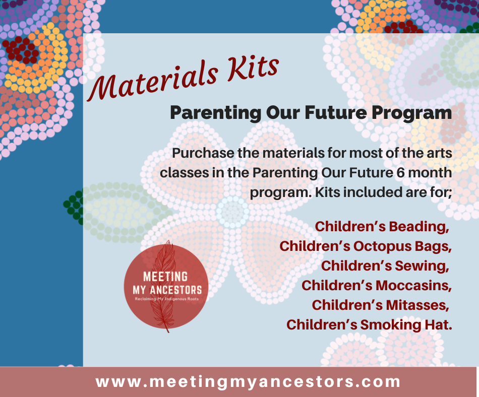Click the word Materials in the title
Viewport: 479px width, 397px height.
(153, 81)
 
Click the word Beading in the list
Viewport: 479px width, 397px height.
(419, 227)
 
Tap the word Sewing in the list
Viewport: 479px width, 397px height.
(422, 266)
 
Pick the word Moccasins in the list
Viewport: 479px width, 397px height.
(413, 285)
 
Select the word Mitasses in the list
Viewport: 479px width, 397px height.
(417, 305)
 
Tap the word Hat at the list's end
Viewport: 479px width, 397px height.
(438, 324)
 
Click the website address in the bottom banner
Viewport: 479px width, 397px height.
(248, 382)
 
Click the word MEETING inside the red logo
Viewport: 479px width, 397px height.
(165, 277)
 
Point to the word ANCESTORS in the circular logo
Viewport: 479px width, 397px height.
(175, 290)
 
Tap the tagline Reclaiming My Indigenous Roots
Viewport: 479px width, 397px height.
(167, 299)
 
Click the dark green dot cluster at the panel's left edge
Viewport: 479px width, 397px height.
(74, 208)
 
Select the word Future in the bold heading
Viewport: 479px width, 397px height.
(336, 112)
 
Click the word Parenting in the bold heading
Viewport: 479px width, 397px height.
(216, 113)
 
